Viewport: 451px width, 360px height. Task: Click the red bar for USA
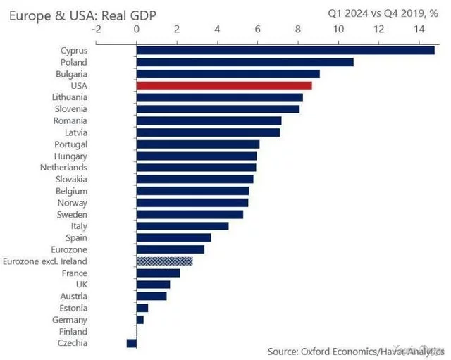[x=224, y=85]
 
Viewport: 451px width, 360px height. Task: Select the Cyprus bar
[x=285, y=50]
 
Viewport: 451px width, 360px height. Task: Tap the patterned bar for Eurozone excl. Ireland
[x=164, y=261]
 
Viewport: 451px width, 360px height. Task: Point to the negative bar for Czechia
[x=131, y=343]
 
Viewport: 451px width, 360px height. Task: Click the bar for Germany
[x=140, y=320]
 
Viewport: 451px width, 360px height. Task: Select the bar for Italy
[x=183, y=226]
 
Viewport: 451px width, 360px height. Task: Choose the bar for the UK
[x=153, y=285]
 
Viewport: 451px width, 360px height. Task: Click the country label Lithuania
[x=70, y=97]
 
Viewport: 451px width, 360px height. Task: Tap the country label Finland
[x=73, y=332]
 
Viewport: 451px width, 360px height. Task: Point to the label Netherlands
[x=63, y=168]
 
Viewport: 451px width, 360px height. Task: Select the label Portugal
[x=70, y=144]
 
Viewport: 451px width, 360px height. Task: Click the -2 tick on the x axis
[x=96, y=29]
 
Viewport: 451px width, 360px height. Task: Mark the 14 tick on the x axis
[x=419, y=29]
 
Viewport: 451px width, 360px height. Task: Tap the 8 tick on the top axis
[x=298, y=29]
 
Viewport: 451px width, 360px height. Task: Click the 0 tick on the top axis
[x=136, y=29]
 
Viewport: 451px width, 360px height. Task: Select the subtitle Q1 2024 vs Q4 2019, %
[x=383, y=12]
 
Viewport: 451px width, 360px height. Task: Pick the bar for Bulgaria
[x=228, y=73]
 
